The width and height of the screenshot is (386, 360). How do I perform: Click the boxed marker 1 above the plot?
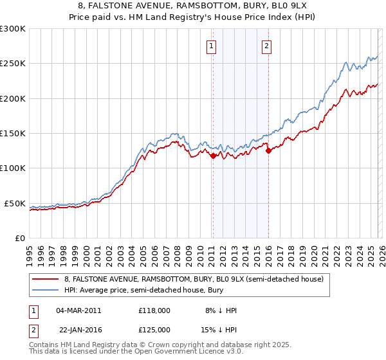click(212, 45)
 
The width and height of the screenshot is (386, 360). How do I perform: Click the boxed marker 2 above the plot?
click(266, 45)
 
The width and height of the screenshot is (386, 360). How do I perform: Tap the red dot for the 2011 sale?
click(212, 155)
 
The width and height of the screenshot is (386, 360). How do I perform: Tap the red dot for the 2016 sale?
click(268, 150)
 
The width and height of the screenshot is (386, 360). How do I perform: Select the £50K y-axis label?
click(15, 203)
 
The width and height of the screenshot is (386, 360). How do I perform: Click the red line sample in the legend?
click(45, 279)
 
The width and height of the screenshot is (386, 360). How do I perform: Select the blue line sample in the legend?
click(45, 290)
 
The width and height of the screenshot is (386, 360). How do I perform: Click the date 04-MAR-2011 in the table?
click(78, 310)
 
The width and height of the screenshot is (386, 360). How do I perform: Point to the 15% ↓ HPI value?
click(218, 329)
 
